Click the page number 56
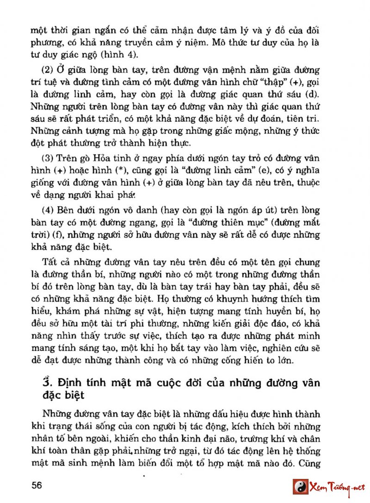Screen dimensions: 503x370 [x=37, y=485]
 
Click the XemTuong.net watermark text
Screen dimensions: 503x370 [x=337, y=487]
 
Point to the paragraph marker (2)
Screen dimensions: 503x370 [x=49, y=70]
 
